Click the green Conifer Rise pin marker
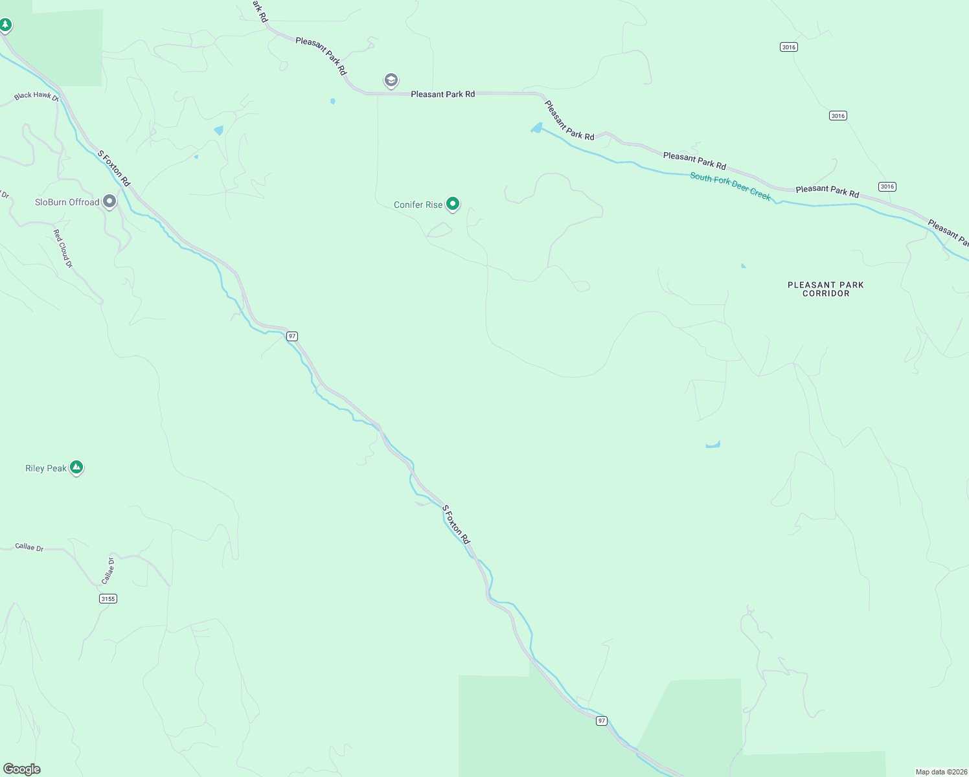pyautogui.click(x=453, y=204)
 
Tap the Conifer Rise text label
pyautogui.click(x=418, y=205)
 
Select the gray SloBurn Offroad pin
pyautogui.click(x=109, y=201)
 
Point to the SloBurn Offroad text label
pyautogui.click(x=67, y=202)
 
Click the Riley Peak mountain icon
pyautogui.click(x=76, y=466)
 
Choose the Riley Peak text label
pyautogui.click(x=45, y=468)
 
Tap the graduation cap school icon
pyautogui.click(x=391, y=80)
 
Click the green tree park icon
pyautogui.click(x=6, y=25)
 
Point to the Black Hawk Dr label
pyautogui.click(x=36, y=96)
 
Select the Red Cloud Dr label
pyautogui.click(x=63, y=249)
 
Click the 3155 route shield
pyautogui.click(x=108, y=598)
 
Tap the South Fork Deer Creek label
pyautogui.click(x=730, y=186)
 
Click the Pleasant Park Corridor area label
pyautogui.click(x=825, y=289)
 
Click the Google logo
pyautogui.click(x=21, y=769)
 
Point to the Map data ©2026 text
pyautogui.click(x=940, y=772)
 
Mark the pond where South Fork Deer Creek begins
pyautogui.click(x=536, y=128)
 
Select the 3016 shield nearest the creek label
pyautogui.click(x=887, y=186)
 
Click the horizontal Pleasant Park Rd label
pyautogui.click(x=442, y=95)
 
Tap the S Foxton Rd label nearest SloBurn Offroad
pyautogui.click(x=114, y=168)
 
